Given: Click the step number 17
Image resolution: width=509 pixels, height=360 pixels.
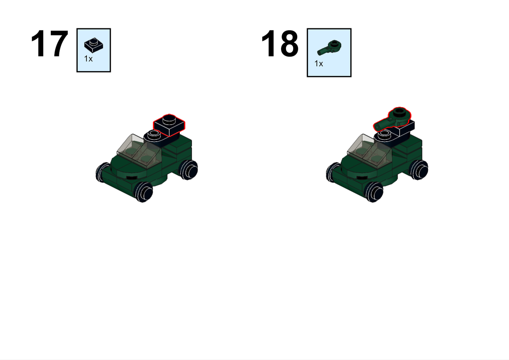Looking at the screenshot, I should (x=49, y=44).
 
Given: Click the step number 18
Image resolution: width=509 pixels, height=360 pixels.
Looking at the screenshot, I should (x=280, y=44).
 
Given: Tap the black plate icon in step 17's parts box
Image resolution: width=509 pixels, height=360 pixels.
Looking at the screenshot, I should (x=94, y=45).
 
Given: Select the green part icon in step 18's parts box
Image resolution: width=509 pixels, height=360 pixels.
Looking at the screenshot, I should (x=329, y=48).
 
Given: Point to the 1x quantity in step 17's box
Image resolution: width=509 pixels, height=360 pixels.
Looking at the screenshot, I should (x=88, y=59).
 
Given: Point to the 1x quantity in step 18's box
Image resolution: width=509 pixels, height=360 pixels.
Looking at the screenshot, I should (x=318, y=64).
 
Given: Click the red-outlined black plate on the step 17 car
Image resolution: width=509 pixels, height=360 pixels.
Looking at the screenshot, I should (x=170, y=125).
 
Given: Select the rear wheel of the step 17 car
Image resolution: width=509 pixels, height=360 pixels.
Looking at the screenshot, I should (x=188, y=170).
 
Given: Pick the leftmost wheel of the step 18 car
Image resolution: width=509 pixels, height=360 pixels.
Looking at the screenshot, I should (x=332, y=171).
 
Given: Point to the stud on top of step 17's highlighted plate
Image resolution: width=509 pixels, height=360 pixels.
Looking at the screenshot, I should (x=169, y=119).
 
